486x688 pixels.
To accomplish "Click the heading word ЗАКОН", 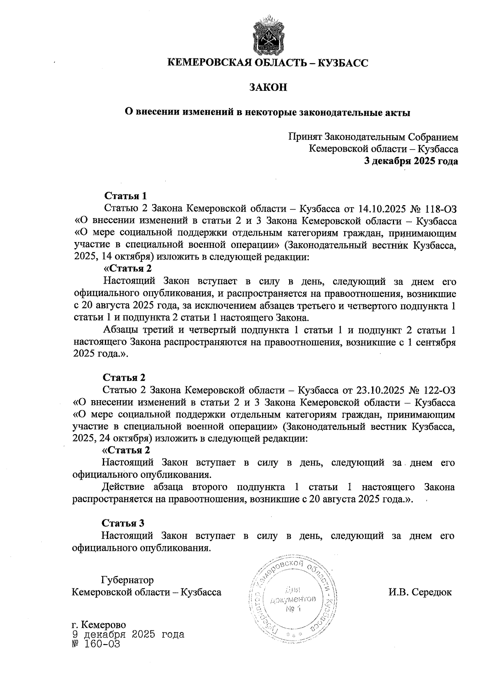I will [268, 87].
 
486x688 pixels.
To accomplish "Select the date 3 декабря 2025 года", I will [411, 161].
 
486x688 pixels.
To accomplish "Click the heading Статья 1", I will [125, 196].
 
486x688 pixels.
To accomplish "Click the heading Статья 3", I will [123, 523].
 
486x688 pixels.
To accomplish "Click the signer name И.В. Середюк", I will [420, 592].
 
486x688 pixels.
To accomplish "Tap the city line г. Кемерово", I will [98, 625].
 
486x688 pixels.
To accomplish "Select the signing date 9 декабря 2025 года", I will [128, 634].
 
